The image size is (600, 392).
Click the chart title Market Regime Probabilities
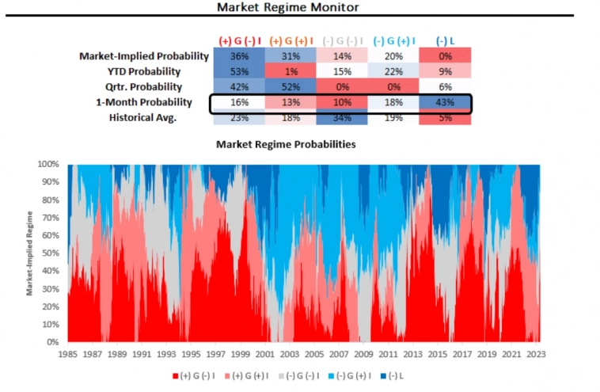tap(286, 145)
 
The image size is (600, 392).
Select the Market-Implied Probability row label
tap(144, 56)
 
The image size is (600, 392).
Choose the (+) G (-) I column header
tap(239, 40)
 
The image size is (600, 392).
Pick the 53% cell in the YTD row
tap(239, 71)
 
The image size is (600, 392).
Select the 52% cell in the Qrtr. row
tap(291, 87)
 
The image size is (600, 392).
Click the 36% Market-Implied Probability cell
tap(239, 56)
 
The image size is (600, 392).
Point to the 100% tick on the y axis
tap(50, 164)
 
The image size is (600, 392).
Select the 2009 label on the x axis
tap(363, 354)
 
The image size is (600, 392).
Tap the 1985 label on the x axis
tap(67, 354)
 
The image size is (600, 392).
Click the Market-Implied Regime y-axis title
tap(29, 253)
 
